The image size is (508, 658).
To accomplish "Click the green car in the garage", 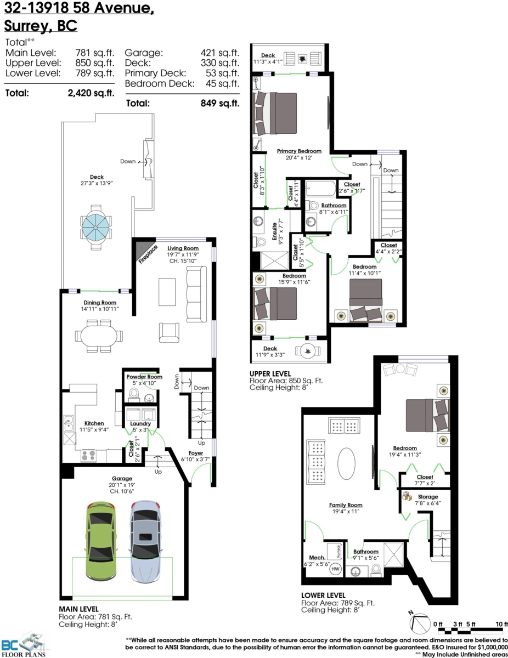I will click(100, 540).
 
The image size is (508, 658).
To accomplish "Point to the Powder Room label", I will click(144, 377).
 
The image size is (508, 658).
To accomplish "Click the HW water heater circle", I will click(335, 569).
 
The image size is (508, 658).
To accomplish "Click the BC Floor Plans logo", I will click(26, 645).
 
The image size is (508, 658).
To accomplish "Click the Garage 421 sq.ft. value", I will click(220, 53).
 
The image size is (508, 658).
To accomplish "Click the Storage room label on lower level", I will click(428, 496).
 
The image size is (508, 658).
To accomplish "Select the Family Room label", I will click(346, 505).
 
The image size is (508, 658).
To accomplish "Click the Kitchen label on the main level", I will click(94, 423).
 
